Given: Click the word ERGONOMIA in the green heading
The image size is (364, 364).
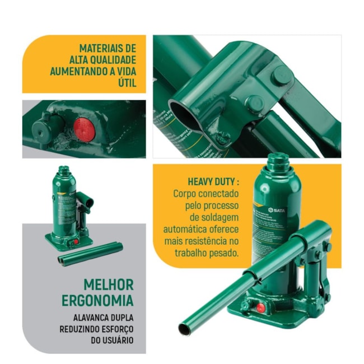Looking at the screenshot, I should tap(97, 301).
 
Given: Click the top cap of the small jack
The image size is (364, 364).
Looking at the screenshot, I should tap(65, 170).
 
